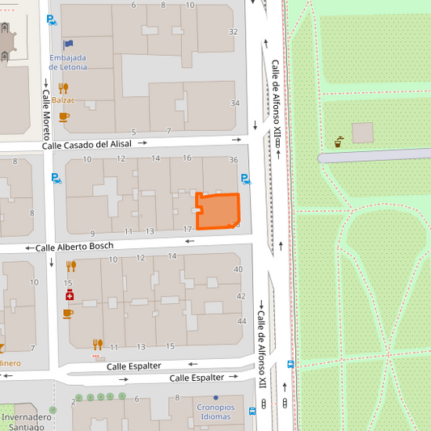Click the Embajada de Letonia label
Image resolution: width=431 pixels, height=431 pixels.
click(x=68, y=62)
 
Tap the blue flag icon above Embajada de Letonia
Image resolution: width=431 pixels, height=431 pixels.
click(x=68, y=44)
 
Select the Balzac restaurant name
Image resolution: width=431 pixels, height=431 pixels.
click(x=63, y=100)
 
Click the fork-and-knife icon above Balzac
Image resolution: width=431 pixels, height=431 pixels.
click(x=63, y=88)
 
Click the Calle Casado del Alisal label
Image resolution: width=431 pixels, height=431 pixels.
click(x=87, y=144)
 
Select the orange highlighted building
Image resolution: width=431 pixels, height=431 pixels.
click(x=218, y=211)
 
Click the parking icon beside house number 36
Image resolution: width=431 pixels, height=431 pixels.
click(x=245, y=179)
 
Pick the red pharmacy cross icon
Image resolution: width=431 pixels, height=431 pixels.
click(x=70, y=295)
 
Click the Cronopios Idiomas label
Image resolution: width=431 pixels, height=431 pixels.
click(x=215, y=412)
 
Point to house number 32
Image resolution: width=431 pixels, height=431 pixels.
click(x=234, y=32)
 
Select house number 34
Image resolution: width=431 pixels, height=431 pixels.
click(x=235, y=104)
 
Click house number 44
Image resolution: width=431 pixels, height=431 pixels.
click(x=240, y=322)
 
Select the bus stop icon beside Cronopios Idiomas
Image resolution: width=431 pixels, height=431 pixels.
click(x=252, y=411)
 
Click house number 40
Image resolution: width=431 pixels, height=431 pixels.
click(x=238, y=269)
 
